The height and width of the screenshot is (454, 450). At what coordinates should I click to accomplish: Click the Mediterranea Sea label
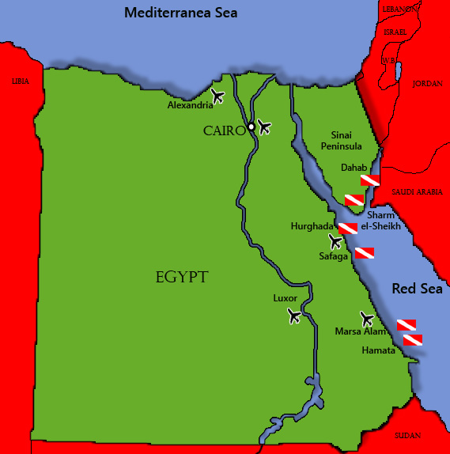(181, 13)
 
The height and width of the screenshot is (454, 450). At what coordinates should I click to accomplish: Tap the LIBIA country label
(20, 81)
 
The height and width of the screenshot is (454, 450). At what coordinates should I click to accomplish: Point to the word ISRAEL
(394, 32)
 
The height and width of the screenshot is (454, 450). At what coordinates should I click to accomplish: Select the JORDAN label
(427, 83)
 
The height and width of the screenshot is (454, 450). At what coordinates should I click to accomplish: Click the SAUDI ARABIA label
(418, 191)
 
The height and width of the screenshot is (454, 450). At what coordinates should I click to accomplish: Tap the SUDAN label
(407, 435)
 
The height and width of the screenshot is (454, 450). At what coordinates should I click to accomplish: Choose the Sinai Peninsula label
(342, 141)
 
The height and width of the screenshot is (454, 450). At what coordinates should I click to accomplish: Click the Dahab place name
(354, 168)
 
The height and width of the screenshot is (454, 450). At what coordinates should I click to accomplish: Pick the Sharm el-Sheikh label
(380, 221)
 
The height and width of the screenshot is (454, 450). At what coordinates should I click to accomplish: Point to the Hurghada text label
(312, 226)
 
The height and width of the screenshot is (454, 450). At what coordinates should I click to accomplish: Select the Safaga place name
(333, 256)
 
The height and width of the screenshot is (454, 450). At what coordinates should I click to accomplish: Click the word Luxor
(285, 298)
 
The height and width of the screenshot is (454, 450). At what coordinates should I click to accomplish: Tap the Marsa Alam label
(359, 331)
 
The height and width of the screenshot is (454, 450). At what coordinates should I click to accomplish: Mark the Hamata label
(377, 350)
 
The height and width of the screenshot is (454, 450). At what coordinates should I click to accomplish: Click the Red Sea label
(417, 289)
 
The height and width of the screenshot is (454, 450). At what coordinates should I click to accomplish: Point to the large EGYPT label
(182, 277)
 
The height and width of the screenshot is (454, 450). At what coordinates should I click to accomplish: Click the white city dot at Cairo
(251, 127)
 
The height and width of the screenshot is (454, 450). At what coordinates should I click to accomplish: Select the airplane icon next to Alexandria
(218, 96)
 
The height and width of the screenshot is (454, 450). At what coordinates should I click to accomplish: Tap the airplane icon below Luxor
(295, 316)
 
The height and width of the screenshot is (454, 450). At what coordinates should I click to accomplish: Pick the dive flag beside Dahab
(369, 180)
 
